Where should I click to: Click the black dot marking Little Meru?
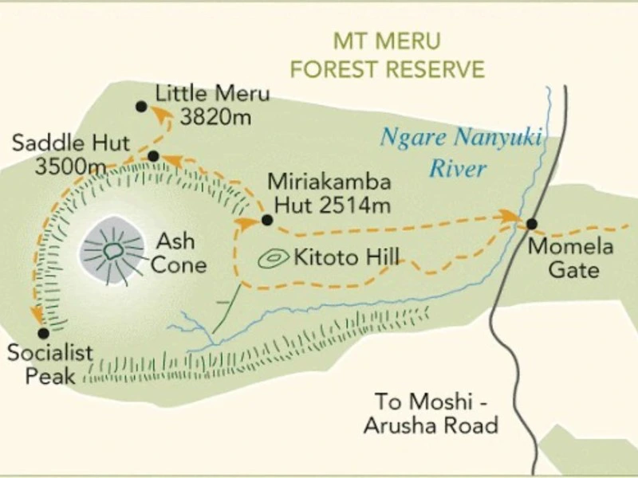pos(141,106)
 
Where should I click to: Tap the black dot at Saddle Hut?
pos(153,156)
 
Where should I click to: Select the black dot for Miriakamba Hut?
pos(267,220)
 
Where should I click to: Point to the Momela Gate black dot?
pos(532,224)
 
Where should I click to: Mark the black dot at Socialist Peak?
pos(43,333)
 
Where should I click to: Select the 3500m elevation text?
pos(70,167)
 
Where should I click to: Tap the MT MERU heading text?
pos(387,41)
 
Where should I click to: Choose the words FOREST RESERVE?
pos(387,69)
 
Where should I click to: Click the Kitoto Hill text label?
pos(346,257)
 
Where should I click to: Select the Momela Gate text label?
pos(572,257)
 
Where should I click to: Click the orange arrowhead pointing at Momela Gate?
pos(508,215)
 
